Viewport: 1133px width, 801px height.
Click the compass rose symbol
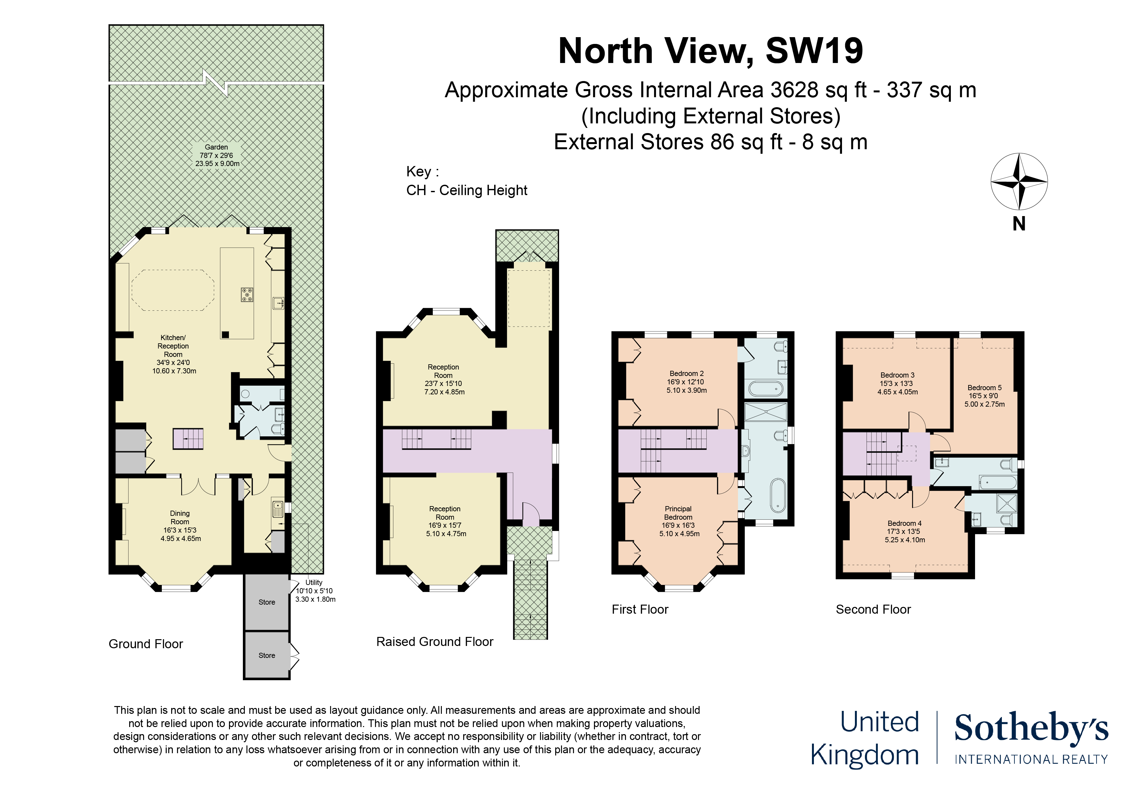pyautogui.click(x=1019, y=182)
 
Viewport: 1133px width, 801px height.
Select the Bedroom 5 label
pyautogui.click(x=984, y=396)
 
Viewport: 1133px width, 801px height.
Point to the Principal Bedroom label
pyautogui.click(x=679, y=521)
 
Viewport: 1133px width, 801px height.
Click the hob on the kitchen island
pyautogui.click(x=247, y=295)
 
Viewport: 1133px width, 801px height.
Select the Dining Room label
pyautogui.click(x=180, y=526)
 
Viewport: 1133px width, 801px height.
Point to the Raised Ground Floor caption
pyautogui.click(x=434, y=641)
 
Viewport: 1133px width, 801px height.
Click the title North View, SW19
pyautogui.click(x=710, y=51)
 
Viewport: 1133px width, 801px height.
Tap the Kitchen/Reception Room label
pyautogui.click(x=174, y=354)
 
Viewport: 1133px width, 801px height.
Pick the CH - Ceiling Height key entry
pyautogui.click(x=466, y=191)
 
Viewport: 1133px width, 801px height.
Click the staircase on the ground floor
pyautogui.click(x=188, y=438)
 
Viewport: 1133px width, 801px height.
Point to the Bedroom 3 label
pyautogui.click(x=897, y=383)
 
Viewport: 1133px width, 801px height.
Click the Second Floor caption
pyautogui.click(x=873, y=609)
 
